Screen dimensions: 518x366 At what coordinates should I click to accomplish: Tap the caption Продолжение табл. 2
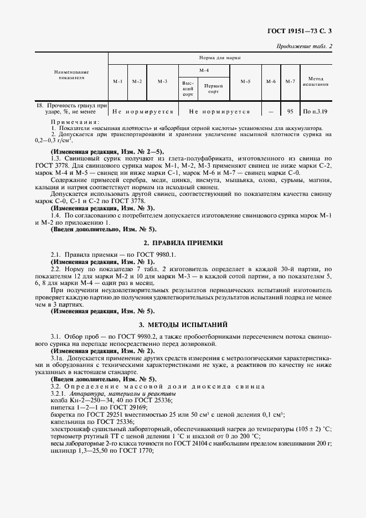304,46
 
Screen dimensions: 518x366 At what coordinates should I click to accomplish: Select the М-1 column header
118,81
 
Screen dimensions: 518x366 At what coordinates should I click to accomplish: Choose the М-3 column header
162,81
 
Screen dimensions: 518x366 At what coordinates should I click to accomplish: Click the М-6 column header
271,81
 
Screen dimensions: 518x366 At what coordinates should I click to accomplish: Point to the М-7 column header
290,81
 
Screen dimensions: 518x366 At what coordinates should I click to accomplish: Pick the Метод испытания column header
316,81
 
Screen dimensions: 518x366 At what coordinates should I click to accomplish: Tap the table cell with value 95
290,111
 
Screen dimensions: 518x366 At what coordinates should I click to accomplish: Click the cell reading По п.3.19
316,111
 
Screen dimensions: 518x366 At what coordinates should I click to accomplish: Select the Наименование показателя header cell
71,75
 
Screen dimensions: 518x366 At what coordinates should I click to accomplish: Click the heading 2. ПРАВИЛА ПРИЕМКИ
183,242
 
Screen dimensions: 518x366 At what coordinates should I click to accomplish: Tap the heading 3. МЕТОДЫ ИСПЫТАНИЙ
183,324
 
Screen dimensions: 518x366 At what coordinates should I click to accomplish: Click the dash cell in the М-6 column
271,111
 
